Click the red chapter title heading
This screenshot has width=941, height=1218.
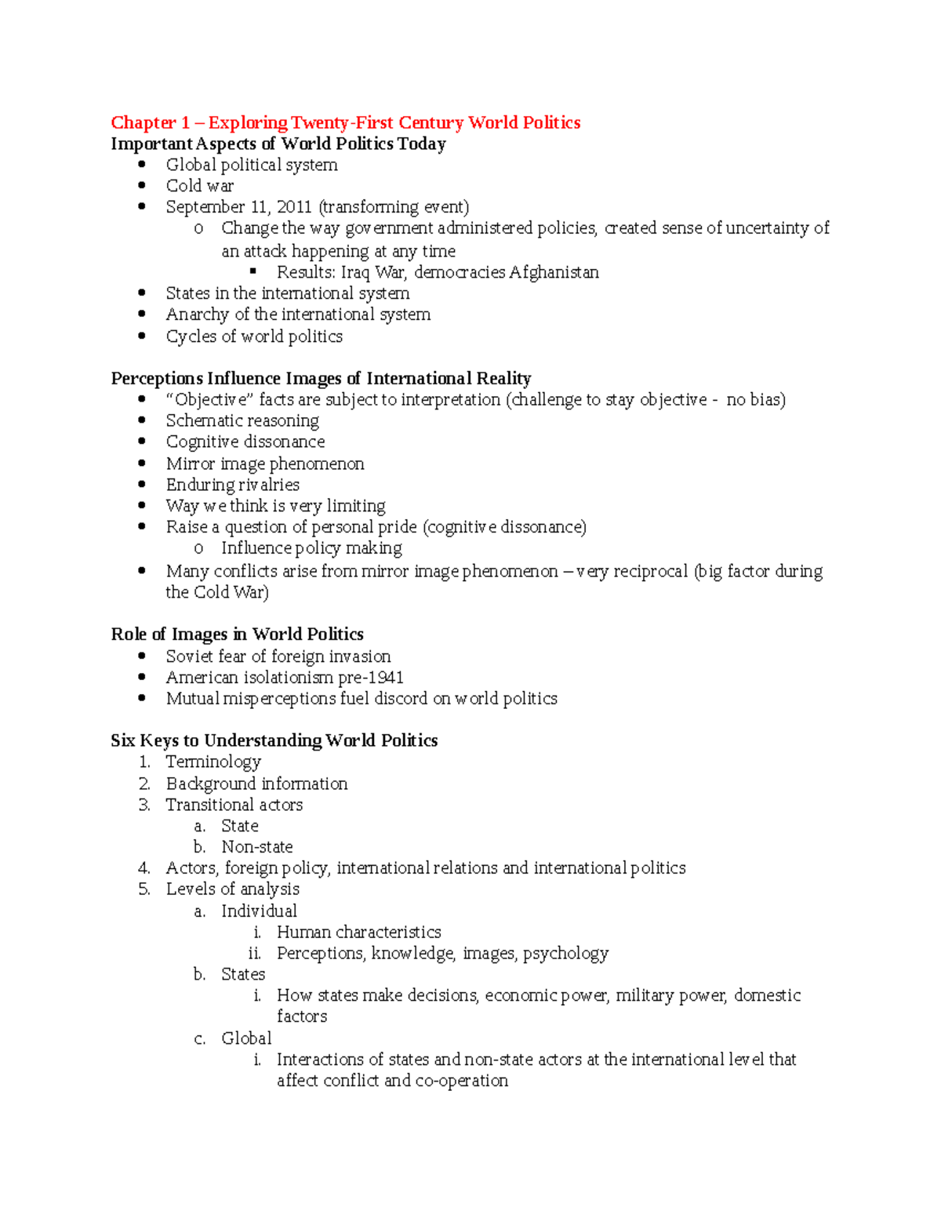pos(345,122)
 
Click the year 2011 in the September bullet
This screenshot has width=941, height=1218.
pos(294,207)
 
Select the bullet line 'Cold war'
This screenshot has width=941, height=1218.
pos(199,186)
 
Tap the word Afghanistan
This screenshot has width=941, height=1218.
pos(554,272)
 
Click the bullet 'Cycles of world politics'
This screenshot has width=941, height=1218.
pos(254,336)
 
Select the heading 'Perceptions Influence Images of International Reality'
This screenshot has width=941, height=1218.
pos(321,379)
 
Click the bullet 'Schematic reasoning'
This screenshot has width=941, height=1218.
pos(242,421)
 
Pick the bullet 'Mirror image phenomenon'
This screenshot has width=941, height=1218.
pos(265,464)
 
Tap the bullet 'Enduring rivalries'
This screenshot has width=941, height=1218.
pos(232,485)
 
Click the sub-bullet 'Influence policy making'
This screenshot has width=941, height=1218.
pos(311,548)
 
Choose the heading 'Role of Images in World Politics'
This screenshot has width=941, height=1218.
pos(237,634)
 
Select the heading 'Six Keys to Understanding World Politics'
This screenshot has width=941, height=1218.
pos(274,740)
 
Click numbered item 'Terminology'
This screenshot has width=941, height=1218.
pos(213,762)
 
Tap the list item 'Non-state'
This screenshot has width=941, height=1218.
pos(256,847)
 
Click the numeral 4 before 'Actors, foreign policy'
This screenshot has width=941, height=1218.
pos(144,868)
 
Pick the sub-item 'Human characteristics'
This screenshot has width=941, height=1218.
pos(358,933)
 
